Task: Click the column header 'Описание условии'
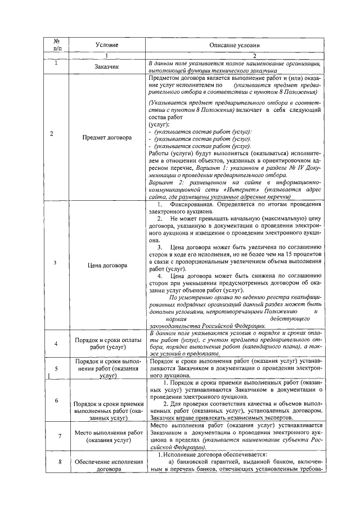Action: (x=235, y=45)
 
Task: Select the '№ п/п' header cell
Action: (x=56, y=45)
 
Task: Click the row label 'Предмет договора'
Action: (x=107, y=137)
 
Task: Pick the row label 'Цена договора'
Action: (x=107, y=265)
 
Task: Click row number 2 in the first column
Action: (x=52, y=133)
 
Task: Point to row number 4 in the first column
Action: (x=56, y=343)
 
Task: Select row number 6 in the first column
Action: (x=56, y=400)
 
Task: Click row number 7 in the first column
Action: (x=56, y=436)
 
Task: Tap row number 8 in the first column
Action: (x=56, y=462)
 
